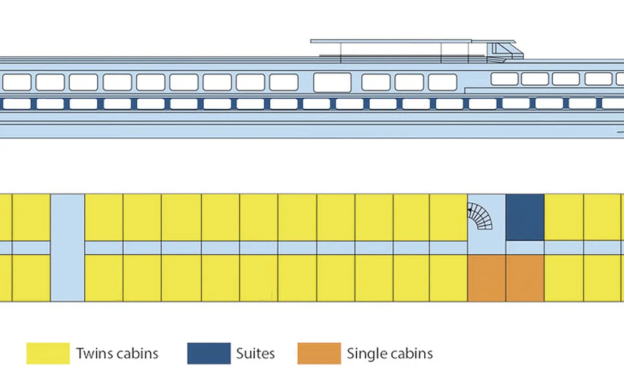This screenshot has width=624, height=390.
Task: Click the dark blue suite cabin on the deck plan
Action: (525, 217)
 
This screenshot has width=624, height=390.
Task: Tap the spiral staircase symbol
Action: (479, 216)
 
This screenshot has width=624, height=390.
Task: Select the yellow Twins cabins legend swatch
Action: (48, 353)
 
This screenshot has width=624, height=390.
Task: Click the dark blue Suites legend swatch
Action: (209, 353)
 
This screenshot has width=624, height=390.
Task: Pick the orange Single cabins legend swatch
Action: (319, 353)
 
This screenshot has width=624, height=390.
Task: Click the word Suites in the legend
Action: (255, 354)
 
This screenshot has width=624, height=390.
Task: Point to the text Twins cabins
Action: (118, 354)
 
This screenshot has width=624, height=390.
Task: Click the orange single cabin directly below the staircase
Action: (487, 278)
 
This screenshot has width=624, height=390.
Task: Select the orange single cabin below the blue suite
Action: (525, 278)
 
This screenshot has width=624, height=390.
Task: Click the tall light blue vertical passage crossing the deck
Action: (68, 248)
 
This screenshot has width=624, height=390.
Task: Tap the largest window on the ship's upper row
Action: (332, 82)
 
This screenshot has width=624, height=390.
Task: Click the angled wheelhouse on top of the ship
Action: (504, 51)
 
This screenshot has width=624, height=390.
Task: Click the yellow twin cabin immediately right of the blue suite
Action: (564, 217)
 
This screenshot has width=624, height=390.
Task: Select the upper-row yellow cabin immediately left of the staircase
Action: (448, 217)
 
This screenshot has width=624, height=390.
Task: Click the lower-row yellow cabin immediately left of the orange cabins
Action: (448, 278)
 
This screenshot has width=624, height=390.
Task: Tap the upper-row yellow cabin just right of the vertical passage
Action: (103, 217)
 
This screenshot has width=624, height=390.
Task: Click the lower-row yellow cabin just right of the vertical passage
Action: (103, 278)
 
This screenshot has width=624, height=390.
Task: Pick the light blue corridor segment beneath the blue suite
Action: (525, 248)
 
